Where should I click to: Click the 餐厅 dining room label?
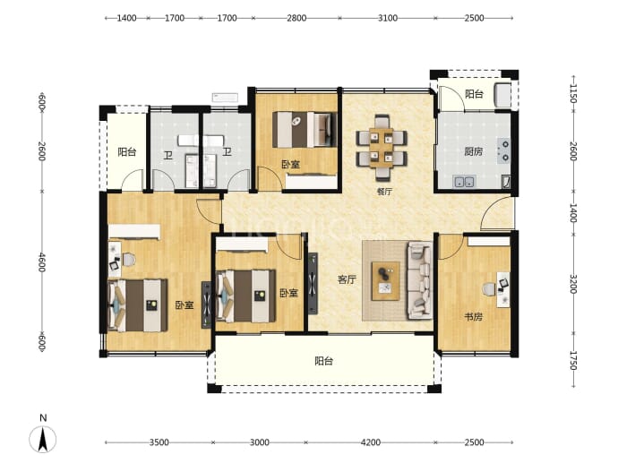pos(384,192)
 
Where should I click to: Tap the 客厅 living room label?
pos(347,279)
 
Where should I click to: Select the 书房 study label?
pos(474,316)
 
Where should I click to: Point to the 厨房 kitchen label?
pos(474,151)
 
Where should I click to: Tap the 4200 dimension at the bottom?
pos(371,442)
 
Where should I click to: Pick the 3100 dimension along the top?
pos(388,18)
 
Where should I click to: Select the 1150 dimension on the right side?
pos(573,93)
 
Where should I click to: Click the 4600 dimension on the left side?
pos(42,262)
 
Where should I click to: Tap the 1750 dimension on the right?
pos(573,360)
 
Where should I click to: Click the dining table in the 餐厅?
pos(382,148)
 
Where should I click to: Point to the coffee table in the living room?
pos(386,281)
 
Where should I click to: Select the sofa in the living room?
pos(420,280)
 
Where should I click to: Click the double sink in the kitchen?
pos(464,182)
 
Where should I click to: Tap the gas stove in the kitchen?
pos(503,151)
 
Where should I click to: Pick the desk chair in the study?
pos(489,289)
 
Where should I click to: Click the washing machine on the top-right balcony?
pos(503,95)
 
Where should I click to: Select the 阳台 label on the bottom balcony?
pos(324,361)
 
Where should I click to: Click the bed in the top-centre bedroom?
pos(305,130)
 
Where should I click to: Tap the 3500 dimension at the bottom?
pos(159,442)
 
